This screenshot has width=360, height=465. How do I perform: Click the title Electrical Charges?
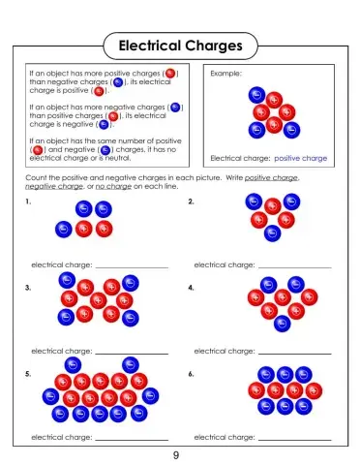[179, 46]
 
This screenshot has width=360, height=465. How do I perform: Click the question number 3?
[29, 288]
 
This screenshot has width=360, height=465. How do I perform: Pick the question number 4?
[191, 288]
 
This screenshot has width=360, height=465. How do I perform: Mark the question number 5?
[29, 373]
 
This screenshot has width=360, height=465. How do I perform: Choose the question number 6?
[191, 373]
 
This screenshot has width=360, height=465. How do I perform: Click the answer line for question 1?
[132, 266]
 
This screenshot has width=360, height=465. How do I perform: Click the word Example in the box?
[225, 73]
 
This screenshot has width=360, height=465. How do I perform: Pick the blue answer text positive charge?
[301, 158]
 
